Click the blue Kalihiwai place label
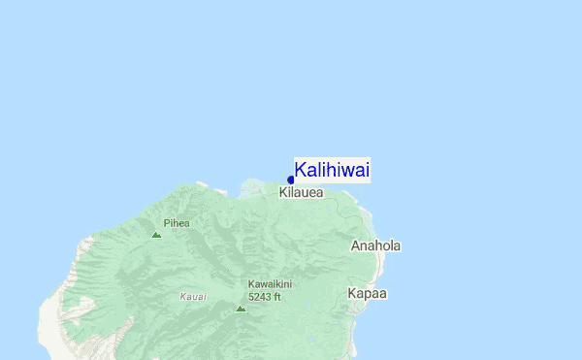[332, 171]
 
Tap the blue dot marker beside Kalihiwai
[291, 180]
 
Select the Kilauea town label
[301, 193]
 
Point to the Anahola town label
[375, 245]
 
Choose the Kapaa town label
[368, 293]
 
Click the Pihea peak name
[177, 223]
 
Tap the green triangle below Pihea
[156, 234]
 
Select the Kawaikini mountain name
[270, 284]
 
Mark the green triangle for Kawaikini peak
[241, 309]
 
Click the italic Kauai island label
[193, 296]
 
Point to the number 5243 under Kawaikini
[259, 297]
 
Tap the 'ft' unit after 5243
[276, 297]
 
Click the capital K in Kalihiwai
[301, 171]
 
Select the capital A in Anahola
[355, 245]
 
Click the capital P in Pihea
[166, 223]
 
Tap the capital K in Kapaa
[352, 293]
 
